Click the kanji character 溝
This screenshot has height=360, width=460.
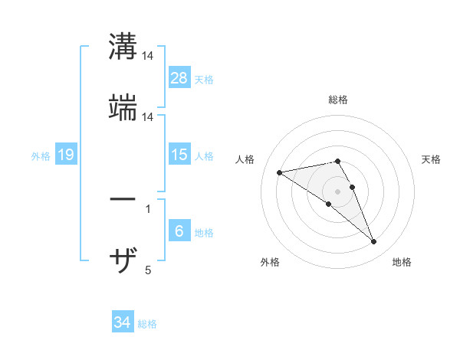pyautogui.click(x=123, y=46)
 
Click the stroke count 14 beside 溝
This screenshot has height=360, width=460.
pyautogui.click(x=148, y=56)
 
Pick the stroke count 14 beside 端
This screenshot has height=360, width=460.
pyautogui.click(x=148, y=117)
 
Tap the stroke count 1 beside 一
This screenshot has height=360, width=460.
pyautogui.click(x=147, y=208)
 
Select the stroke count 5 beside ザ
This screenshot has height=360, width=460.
pyautogui.click(x=147, y=270)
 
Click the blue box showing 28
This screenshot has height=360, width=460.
pyautogui.click(x=179, y=79)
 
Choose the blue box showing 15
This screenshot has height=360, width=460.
pyautogui.click(x=179, y=155)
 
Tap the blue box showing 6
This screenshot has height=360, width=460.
pyautogui.click(x=179, y=231)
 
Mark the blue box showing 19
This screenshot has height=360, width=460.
pyautogui.click(x=66, y=155)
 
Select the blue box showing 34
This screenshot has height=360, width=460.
pyautogui.click(x=123, y=322)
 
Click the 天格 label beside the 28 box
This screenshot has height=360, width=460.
pyautogui.click(x=204, y=80)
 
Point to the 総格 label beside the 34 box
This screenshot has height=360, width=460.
pyautogui.click(x=147, y=324)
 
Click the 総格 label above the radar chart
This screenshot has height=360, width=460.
pyautogui.click(x=338, y=100)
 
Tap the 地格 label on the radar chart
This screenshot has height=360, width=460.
pyautogui.click(x=402, y=262)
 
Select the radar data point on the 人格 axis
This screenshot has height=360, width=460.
pyautogui.click(x=280, y=172)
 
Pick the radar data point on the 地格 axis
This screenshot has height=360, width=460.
pyautogui.click(x=373, y=242)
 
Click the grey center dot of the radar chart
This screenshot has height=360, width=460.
pyautogui.click(x=338, y=191)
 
